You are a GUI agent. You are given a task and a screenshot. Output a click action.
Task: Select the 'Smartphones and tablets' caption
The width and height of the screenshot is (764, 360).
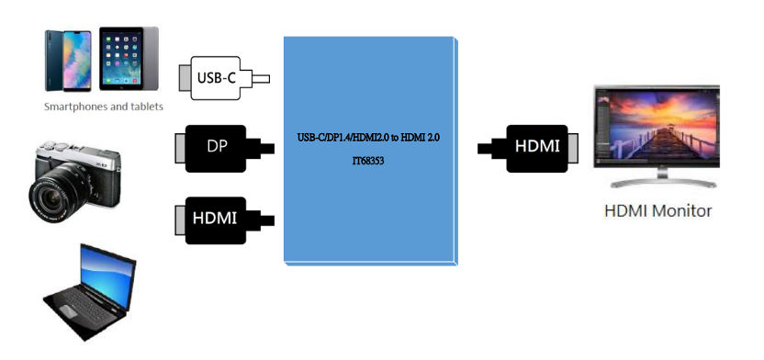104,107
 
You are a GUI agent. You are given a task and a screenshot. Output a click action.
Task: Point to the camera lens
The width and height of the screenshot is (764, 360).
50,196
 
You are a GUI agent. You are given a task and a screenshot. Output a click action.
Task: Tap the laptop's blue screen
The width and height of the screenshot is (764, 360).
105,276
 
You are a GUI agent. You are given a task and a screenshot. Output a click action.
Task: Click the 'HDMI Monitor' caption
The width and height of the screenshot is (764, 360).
657,210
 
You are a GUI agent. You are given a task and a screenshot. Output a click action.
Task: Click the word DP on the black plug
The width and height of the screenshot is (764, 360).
218,147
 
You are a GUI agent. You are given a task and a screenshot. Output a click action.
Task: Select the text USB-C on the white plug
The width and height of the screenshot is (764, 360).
217,78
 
